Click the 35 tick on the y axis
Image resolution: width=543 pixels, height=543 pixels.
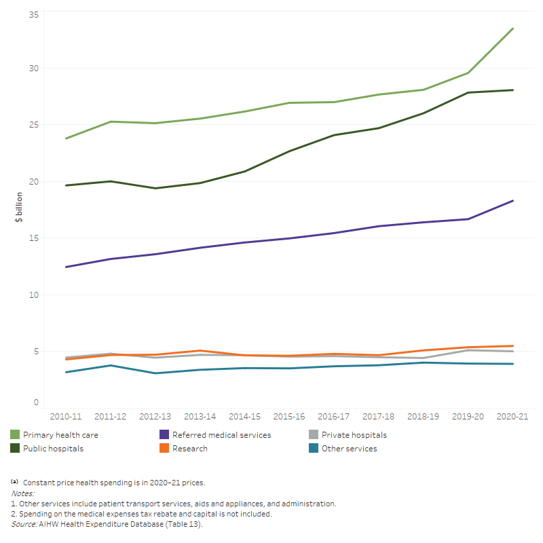tap(33, 14)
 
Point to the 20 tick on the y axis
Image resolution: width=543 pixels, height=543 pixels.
tap(33, 181)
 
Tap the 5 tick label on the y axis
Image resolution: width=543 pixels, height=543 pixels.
tap(35, 351)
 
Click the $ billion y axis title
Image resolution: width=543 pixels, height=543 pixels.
tap(19, 207)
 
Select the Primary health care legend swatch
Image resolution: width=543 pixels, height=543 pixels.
tap(15, 434)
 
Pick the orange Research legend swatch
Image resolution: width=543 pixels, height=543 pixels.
tap(164, 448)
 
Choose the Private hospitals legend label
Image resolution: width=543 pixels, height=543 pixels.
tap(354, 435)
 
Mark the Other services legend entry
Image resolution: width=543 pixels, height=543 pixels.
tap(349, 449)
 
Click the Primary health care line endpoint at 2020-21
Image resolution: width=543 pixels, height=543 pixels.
tap(512, 29)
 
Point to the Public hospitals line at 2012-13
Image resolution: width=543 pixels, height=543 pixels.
tap(155, 188)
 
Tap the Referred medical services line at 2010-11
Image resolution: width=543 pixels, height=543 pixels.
tap(65, 267)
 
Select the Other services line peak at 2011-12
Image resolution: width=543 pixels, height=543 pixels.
tap(110, 365)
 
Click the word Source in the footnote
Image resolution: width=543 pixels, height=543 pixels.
tap(23, 525)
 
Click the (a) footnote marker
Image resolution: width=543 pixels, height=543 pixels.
tap(14, 481)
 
